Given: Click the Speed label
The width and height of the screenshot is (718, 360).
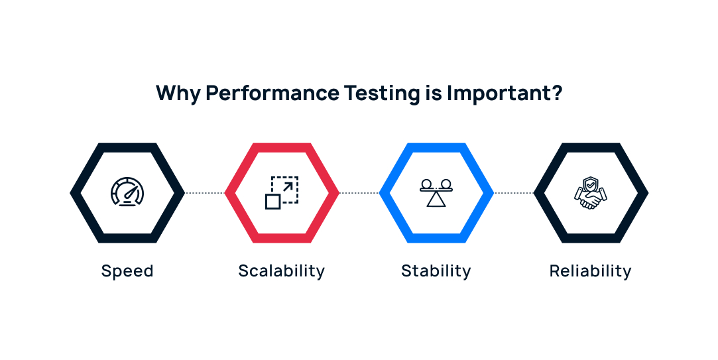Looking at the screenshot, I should point(127,271).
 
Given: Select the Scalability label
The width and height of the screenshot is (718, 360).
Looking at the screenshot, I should point(282,271).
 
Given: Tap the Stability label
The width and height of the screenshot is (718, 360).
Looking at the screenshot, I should point(436,271).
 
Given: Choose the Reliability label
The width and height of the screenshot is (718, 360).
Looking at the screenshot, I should point(591,271).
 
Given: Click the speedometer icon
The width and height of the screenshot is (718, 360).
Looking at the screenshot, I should point(127,193).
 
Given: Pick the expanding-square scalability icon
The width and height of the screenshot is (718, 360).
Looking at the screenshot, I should point(282,193).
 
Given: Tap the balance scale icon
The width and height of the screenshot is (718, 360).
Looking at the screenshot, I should point(436,193).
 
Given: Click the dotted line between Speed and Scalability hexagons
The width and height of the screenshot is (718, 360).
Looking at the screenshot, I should point(205,193).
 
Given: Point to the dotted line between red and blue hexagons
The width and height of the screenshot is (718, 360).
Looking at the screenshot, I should point(359,193).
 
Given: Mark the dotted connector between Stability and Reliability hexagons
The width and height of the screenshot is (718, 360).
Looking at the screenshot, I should point(514,193).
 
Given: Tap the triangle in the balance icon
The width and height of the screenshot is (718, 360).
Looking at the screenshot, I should point(436,200).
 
